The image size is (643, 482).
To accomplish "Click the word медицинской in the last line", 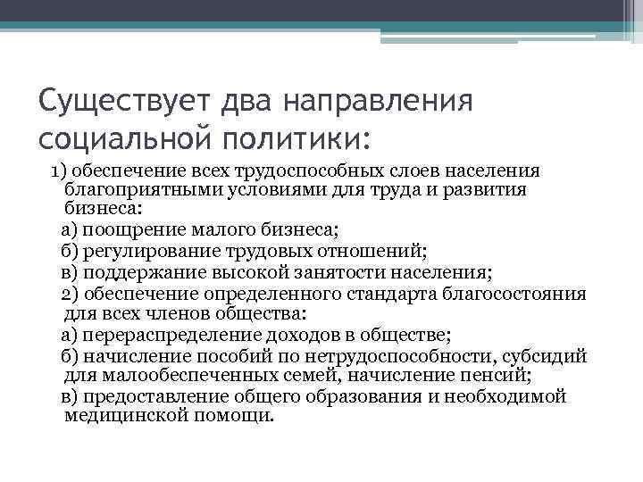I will coord(122,416).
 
